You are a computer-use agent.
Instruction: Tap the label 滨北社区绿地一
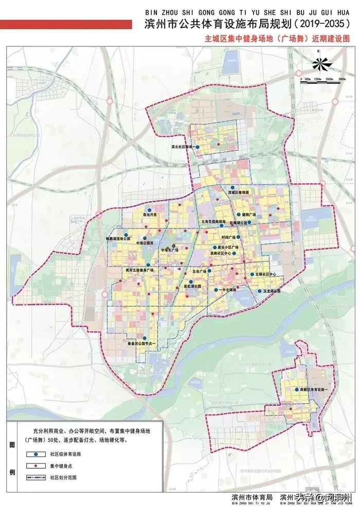pyautogui.click(x=181, y=147)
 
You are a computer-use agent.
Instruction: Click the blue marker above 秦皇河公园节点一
pyautogui.click(x=137, y=338)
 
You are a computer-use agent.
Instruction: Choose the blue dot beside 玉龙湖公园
pyautogui.click(x=259, y=291)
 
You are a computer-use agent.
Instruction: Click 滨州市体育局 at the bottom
pyautogui.click(x=251, y=497)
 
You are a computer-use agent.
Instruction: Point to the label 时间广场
pyautogui.click(x=227, y=238)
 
